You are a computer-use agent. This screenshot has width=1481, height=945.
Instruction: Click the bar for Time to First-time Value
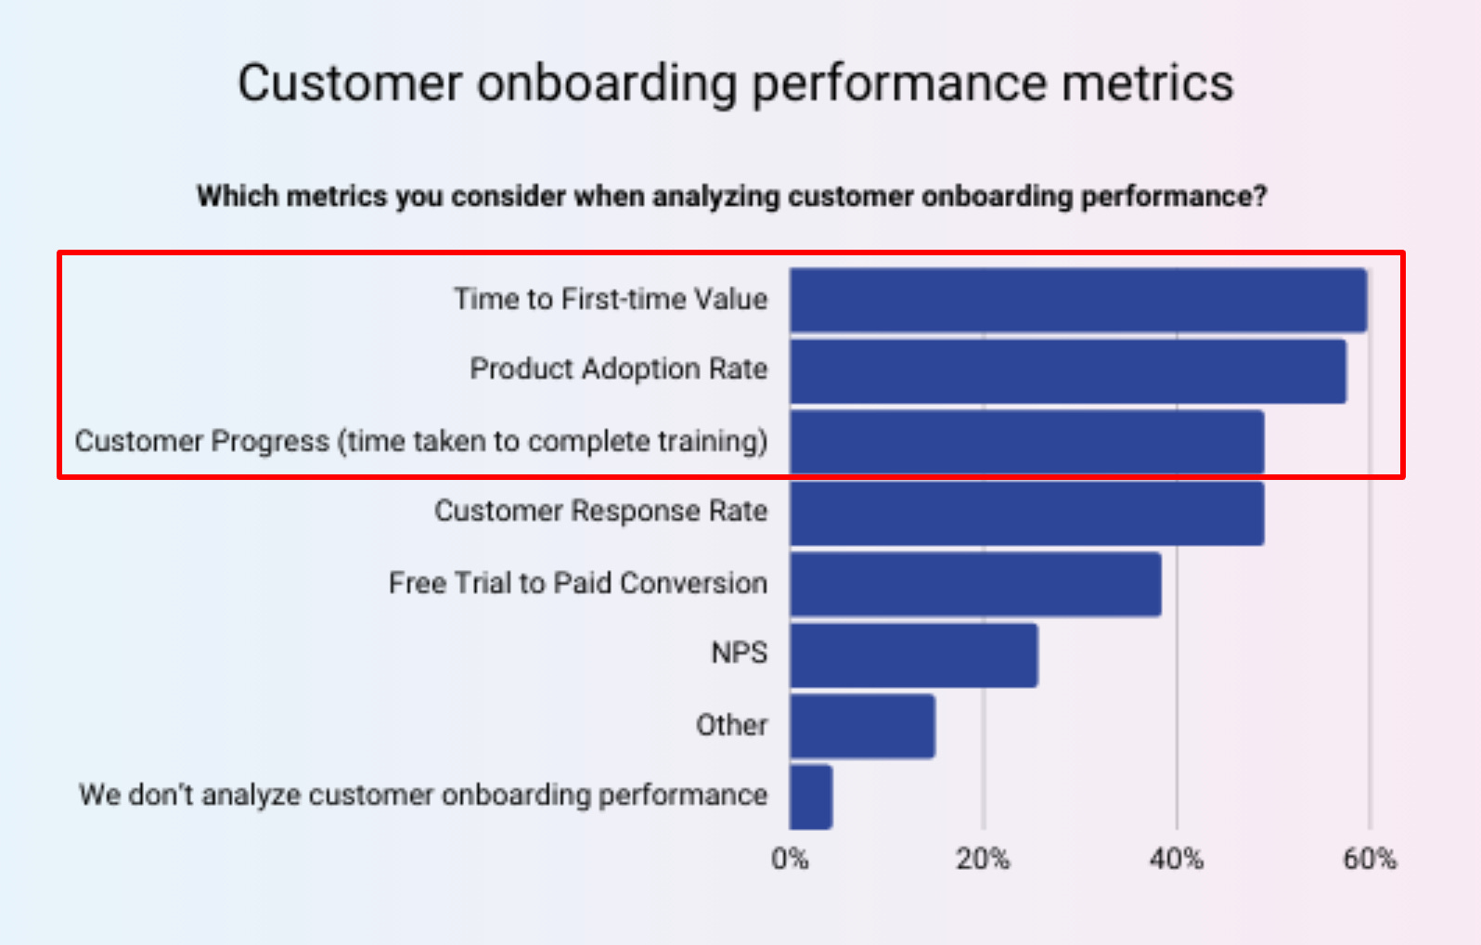1077,300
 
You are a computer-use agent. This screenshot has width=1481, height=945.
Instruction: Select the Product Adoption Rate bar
1067,371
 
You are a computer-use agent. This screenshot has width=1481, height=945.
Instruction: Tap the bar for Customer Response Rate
1026,513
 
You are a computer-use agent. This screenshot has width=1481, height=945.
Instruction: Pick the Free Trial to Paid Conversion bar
975,584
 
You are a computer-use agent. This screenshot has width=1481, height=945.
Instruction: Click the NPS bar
913,655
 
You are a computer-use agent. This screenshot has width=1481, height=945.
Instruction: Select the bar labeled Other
862,726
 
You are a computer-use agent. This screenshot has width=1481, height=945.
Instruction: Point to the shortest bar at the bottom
810,796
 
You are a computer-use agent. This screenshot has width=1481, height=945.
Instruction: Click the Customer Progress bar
1026,442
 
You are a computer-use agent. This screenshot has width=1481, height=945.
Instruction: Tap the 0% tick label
790,859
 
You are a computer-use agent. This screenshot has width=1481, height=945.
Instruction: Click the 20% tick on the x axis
983,859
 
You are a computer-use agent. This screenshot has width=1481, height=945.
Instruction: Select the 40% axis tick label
1176,859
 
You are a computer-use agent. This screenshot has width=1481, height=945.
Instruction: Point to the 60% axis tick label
1369,859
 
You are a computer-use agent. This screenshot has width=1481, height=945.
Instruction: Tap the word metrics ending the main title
1147,84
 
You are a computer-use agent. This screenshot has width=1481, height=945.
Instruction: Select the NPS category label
739,653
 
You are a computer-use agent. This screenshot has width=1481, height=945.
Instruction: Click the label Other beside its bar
731,724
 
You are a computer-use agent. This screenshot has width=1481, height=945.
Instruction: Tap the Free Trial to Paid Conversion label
577,583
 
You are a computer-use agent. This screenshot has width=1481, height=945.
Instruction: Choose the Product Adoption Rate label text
618,369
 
